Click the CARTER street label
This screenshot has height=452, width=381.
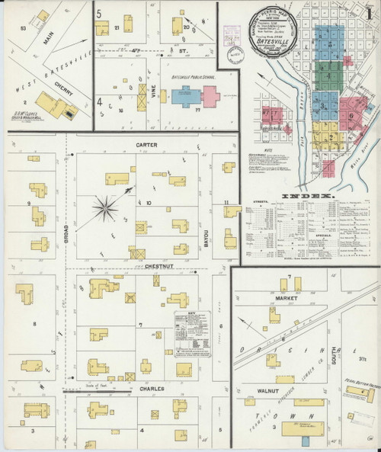pos(146,143)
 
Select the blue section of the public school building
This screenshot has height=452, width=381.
pos(185,96)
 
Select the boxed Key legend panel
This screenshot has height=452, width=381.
pos(191,332)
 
